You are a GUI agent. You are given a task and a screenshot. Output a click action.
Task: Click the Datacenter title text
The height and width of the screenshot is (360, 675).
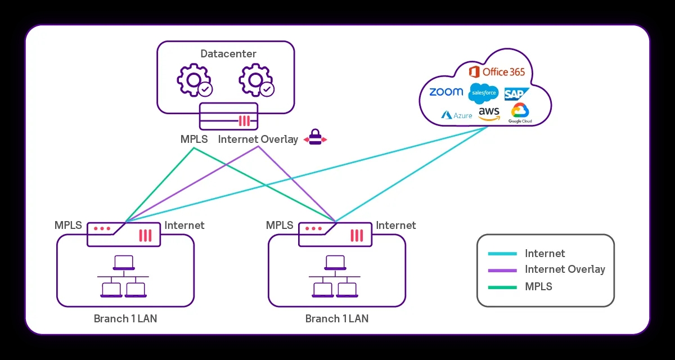228,54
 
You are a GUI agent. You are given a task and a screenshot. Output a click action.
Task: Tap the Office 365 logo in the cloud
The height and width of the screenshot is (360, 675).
497,72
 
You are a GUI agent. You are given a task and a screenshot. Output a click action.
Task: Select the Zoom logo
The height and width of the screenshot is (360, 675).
446,92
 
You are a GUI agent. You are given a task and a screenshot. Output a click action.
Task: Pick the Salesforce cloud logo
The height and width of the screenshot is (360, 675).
483,92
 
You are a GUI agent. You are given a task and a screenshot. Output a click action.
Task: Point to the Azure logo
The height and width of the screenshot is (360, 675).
456,115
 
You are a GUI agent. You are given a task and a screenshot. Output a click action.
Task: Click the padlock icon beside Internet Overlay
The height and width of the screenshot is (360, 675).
315,138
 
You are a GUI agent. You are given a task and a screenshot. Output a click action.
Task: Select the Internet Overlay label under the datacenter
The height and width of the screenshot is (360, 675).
258,139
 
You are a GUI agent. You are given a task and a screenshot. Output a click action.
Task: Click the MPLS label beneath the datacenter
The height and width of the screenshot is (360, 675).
194,139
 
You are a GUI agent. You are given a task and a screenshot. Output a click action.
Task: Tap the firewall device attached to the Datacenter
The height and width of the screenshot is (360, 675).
228,116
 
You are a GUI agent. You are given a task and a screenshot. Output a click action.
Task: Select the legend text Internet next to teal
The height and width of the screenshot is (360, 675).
544,254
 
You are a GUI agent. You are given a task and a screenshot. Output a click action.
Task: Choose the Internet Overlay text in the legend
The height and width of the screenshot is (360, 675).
565,269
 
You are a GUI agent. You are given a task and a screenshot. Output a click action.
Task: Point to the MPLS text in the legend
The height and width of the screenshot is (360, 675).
538,287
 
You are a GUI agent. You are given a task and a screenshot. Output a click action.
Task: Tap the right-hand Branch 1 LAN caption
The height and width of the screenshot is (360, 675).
336,319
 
